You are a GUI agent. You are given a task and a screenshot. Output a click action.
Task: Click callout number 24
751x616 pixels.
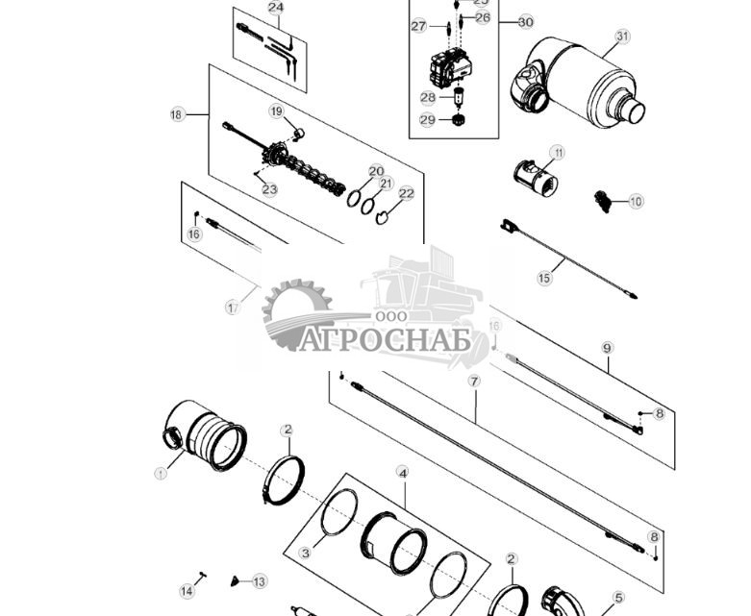[276, 8]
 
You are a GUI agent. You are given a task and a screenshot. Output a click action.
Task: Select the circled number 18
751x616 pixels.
[176, 115]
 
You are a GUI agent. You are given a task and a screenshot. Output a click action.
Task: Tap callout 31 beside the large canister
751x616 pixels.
[622, 37]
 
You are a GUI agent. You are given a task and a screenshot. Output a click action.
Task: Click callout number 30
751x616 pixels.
[525, 22]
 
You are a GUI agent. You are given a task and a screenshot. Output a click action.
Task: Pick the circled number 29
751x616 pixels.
[428, 120]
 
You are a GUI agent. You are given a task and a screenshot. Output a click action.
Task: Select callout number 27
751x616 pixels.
[418, 27]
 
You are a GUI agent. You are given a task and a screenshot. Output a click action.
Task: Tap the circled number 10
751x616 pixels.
[636, 202]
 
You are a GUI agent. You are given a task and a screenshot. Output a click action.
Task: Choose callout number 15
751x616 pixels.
[545, 279]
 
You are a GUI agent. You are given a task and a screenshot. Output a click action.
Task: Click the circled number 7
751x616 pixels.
[474, 382]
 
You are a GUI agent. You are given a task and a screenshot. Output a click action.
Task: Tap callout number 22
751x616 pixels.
[406, 194]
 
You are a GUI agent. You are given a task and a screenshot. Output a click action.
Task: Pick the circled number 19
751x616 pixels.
[276, 112]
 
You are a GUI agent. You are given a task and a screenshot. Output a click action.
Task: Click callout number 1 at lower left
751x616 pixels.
[161, 473]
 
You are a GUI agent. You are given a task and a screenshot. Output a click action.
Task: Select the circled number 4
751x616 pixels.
[403, 473]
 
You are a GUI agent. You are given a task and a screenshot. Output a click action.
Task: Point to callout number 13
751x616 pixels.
[259, 581]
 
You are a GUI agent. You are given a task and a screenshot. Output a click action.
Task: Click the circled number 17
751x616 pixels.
[232, 308]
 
